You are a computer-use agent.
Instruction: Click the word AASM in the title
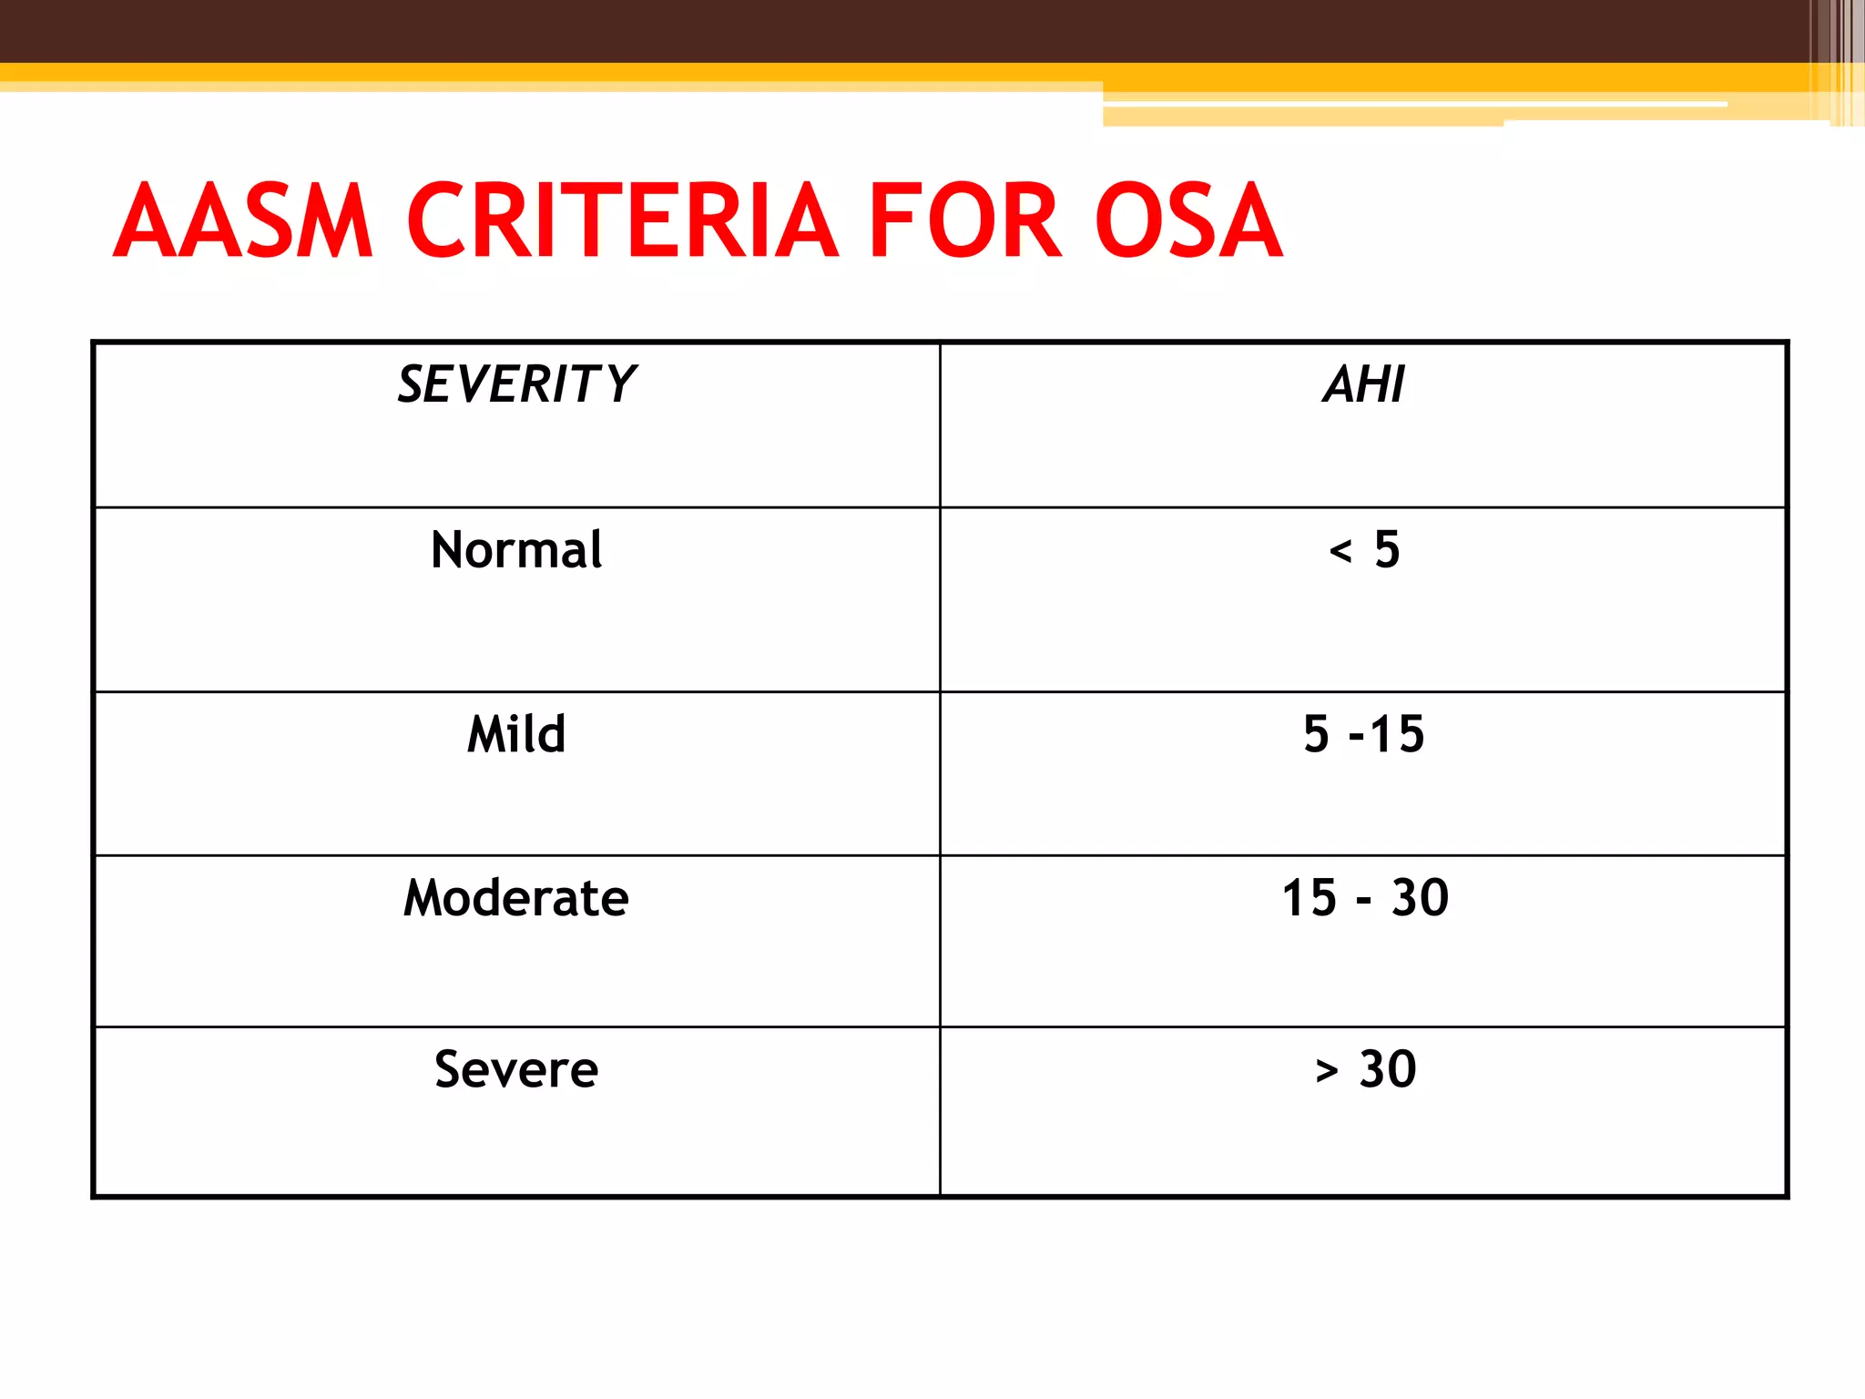243,220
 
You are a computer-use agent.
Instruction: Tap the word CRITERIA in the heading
621,220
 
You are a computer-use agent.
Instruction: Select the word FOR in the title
965,220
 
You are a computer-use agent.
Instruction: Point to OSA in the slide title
1188,220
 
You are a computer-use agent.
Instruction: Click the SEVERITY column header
516,383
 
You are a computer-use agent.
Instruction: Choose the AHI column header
1363,383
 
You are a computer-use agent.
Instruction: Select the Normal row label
516,550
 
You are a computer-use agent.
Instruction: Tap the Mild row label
516,734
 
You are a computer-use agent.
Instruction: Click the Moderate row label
516,898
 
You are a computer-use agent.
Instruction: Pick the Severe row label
516,1069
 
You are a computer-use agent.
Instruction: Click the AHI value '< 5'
1364,550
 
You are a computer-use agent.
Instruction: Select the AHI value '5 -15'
1363,734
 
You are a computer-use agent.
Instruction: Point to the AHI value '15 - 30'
1364,898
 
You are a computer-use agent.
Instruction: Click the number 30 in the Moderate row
1420,898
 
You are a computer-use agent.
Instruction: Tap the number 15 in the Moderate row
1310,898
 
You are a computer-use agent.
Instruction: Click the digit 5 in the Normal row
1387,550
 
